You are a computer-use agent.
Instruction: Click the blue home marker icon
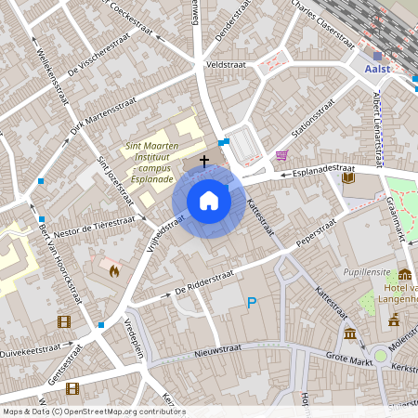209,201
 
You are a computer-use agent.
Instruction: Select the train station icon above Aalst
377,56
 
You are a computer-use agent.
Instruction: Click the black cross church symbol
203,161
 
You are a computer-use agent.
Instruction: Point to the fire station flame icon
113,271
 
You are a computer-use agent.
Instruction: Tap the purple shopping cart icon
281,155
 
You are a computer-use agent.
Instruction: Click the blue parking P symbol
251,303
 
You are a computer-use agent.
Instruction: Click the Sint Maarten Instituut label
159,159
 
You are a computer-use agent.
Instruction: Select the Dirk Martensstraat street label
103,120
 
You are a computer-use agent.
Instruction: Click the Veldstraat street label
225,66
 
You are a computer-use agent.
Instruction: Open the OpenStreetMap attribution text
93,411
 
